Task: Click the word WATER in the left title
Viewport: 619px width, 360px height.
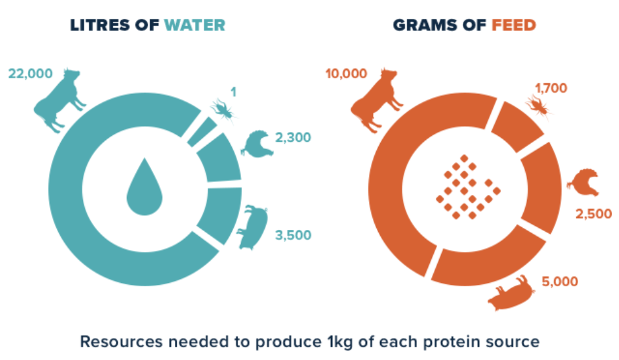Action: pyautogui.click(x=195, y=25)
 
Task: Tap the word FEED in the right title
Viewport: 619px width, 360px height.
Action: pyautogui.click(x=513, y=25)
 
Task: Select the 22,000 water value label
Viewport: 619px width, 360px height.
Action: pyautogui.click(x=30, y=73)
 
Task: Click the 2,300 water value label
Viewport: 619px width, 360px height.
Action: pyautogui.click(x=293, y=137)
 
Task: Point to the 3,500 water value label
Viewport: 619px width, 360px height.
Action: pyautogui.click(x=293, y=235)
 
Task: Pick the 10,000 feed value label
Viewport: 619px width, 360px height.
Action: pyautogui.click(x=346, y=73)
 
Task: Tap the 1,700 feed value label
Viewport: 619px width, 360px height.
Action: pyautogui.click(x=551, y=88)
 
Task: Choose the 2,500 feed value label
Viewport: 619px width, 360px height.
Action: pyautogui.click(x=593, y=214)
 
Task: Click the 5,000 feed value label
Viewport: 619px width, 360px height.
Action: pyautogui.click(x=560, y=282)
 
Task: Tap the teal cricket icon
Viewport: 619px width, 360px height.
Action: pyautogui.click(x=224, y=109)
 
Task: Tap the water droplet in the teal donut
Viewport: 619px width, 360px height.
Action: pyautogui.click(x=144, y=188)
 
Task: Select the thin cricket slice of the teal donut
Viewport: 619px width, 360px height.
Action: pyautogui.click(x=202, y=132)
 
